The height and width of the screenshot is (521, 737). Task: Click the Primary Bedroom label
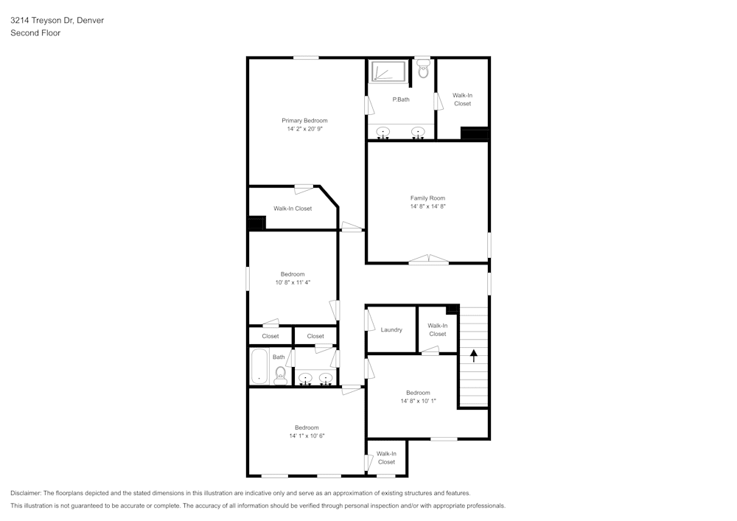(x=304, y=120)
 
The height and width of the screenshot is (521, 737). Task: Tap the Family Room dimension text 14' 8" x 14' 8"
(x=427, y=207)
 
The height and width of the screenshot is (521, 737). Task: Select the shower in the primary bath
(x=388, y=72)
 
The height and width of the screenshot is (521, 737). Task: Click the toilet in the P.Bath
(x=423, y=71)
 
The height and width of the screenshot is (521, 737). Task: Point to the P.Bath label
(x=400, y=99)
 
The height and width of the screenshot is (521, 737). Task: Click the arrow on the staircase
(x=473, y=355)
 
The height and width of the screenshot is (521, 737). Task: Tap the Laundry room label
(x=391, y=329)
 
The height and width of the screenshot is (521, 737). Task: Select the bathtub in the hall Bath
(x=259, y=366)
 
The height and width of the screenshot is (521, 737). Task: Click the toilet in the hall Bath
(x=280, y=376)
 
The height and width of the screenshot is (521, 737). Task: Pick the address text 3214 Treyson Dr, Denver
(x=57, y=21)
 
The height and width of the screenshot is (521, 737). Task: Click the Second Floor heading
(x=35, y=33)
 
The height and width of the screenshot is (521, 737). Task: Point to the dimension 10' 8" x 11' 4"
(x=292, y=282)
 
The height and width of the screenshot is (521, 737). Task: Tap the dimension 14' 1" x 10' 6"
(x=307, y=436)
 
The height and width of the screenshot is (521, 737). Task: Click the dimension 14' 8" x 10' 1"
(x=418, y=402)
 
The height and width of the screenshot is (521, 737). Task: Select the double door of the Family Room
(x=428, y=259)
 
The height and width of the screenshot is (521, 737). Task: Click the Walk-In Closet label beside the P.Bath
(x=462, y=99)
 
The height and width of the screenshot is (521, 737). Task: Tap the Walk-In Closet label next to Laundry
(x=437, y=329)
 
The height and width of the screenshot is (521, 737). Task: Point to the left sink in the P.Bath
(x=383, y=133)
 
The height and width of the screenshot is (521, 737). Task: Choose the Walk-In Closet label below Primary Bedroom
(x=293, y=209)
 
